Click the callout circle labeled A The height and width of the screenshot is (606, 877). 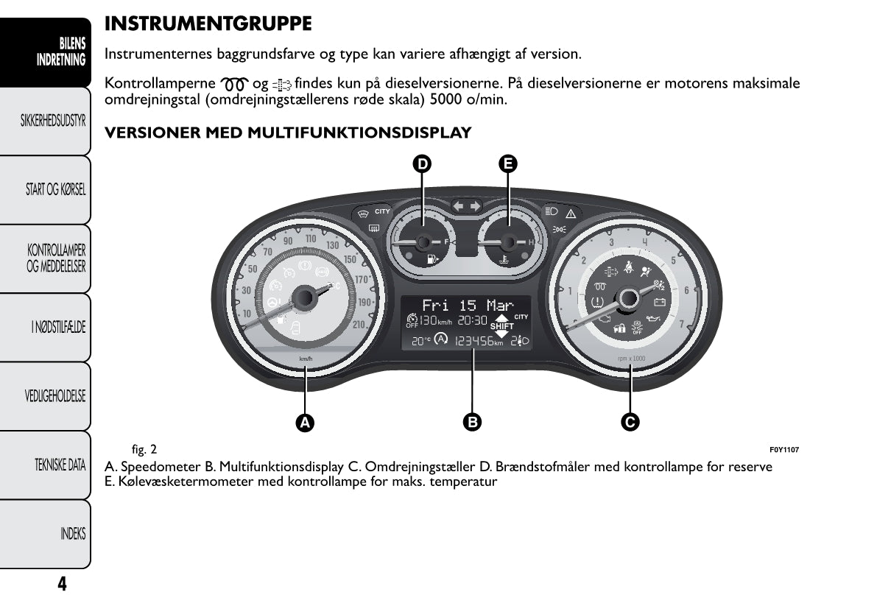tap(305, 422)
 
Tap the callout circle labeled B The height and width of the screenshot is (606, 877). tap(472, 422)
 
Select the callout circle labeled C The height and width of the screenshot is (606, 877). tap(630, 422)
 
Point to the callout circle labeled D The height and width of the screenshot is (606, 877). tap(422, 163)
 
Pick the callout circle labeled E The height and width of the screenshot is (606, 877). tap(507, 163)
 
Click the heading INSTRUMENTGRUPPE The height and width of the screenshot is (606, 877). tap(208, 24)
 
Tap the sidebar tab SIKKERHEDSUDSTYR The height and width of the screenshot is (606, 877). tap(54, 121)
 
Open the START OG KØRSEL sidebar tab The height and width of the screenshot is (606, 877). tap(56, 190)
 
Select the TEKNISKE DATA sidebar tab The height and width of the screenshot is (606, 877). tap(60, 465)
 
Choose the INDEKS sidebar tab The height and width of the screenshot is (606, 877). tap(73, 534)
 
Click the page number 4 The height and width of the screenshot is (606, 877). tap(62, 584)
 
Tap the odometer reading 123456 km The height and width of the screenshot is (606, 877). tap(479, 342)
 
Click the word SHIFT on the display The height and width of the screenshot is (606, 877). tap(502, 326)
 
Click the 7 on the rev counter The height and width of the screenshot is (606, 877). tap(681, 325)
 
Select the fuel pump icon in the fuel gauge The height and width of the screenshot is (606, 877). tap(429, 259)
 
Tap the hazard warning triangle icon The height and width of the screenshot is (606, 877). tap(570, 213)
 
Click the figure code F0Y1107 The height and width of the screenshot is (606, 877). tap(784, 450)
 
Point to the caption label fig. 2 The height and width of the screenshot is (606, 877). tap(144, 449)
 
